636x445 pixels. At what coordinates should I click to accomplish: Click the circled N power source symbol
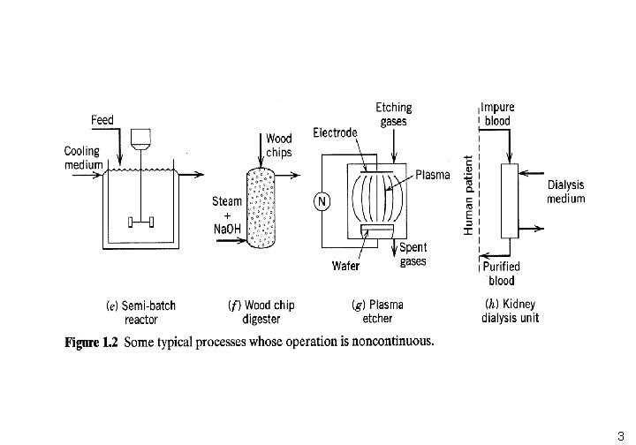322,201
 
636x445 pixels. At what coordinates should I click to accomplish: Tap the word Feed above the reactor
102,120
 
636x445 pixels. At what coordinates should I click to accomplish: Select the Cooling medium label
83,158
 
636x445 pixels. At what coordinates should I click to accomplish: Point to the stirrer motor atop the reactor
140,139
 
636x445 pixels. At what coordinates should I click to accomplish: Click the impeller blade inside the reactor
140,222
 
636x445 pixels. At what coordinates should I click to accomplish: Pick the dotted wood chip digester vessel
261,207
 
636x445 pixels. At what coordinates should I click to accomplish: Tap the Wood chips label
279,146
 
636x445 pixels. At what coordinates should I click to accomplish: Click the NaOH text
227,229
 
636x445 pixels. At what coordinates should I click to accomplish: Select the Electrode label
335,132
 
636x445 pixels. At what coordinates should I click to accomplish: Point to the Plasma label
433,175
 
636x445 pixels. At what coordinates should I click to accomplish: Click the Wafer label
345,266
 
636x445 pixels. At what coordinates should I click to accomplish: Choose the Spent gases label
413,254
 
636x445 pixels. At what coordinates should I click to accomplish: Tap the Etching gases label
393,114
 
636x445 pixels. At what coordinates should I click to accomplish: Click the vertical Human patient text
468,195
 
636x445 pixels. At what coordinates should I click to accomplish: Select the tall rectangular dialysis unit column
510,201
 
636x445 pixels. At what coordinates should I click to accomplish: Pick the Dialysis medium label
566,192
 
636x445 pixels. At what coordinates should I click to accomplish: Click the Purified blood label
502,274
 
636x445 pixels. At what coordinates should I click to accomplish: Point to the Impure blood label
497,114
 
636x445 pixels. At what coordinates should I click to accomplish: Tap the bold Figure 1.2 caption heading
91,343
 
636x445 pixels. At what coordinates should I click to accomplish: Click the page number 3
621,436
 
